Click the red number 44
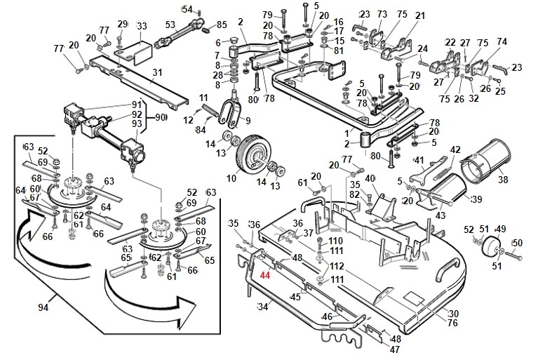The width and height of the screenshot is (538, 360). (x=265, y=276)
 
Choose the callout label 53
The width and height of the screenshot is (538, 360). (x=169, y=25)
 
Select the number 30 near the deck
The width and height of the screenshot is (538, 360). (x=453, y=313)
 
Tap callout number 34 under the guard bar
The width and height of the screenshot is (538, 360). (x=264, y=306)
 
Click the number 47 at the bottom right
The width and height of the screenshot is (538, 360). (x=395, y=349)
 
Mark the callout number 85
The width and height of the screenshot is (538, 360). (x=222, y=25)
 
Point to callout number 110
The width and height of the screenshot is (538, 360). (x=336, y=241)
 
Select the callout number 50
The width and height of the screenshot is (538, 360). (x=518, y=243)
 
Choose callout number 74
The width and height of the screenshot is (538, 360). (x=502, y=41)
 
